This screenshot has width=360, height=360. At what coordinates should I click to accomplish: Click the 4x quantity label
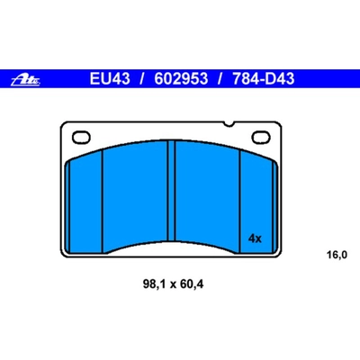[254, 238]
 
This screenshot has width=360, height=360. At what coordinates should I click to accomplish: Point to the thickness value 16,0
[336, 256]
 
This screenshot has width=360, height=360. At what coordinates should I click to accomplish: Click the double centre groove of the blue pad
[173, 194]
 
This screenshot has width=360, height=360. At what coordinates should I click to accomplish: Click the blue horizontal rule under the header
[180, 92]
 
